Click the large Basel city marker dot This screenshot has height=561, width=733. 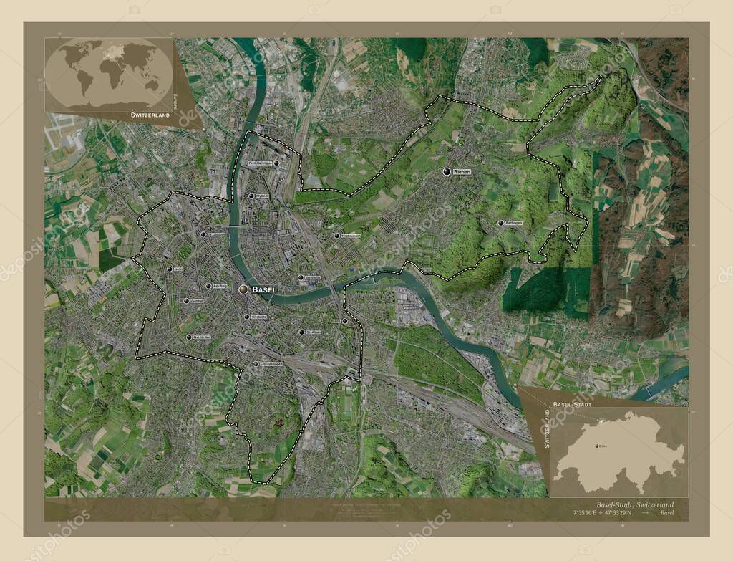click(x=243, y=289)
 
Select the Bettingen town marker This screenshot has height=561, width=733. click(x=500, y=223)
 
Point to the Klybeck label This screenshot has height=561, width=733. click(x=262, y=196)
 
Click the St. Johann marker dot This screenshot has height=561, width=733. click(x=203, y=234)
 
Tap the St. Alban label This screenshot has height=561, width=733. click(x=314, y=332)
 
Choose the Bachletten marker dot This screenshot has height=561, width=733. click(x=189, y=337)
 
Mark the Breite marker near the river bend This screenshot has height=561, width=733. click(x=344, y=321)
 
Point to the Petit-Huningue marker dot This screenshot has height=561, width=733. click(x=276, y=163)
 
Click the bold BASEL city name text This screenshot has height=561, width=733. click(x=264, y=289)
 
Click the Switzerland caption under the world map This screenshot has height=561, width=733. click(x=150, y=115)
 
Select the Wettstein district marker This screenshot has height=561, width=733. click(x=301, y=277)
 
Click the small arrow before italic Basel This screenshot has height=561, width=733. click(x=646, y=513)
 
